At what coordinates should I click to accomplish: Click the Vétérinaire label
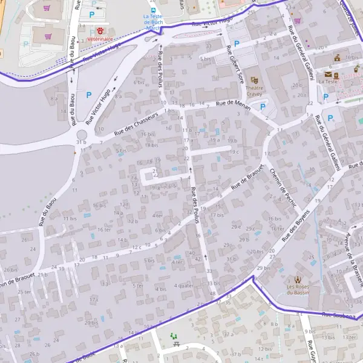click(100, 39)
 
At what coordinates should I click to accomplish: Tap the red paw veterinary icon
click(100, 30)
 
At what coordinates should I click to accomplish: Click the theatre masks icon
click(255, 80)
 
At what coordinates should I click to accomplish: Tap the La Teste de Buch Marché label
click(154, 22)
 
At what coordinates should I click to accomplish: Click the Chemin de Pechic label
click(283, 188)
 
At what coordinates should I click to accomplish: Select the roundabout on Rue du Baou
click(82, 134)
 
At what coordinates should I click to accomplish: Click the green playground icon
click(174, 336)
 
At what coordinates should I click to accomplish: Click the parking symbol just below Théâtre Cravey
click(263, 107)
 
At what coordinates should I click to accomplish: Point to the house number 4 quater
click(183, 286)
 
